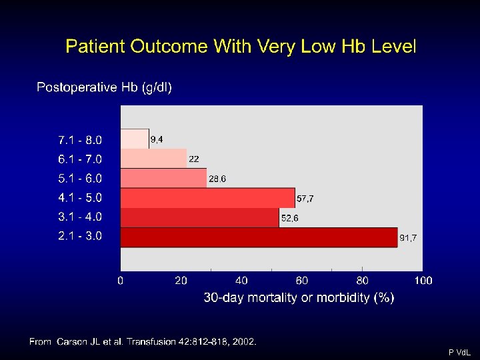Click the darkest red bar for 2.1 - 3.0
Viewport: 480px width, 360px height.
[259, 237]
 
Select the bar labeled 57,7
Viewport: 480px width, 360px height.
[208, 198]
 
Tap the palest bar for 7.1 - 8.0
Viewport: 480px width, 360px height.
[135, 139]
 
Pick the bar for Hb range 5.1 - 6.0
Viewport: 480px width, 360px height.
[163, 178]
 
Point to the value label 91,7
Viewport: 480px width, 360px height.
[408, 238]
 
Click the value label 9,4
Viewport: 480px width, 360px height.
[157, 139]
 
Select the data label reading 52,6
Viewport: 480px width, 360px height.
[289, 218]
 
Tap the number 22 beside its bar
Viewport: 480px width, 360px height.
[194, 159]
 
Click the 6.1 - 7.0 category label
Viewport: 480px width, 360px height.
[80, 159]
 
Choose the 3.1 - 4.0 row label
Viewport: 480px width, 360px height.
[80, 217]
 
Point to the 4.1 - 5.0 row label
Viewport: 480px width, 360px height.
[80, 198]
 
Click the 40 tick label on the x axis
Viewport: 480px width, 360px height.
[241, 281]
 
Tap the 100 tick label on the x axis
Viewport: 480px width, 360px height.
[423, 281]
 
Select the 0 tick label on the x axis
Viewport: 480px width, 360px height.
[120, 281]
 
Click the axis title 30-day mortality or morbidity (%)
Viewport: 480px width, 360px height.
[299, 297]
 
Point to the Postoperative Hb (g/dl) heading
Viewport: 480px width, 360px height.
[104, 87]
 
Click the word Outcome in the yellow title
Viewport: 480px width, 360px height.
[169, 47]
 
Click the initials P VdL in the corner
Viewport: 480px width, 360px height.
[459, 353]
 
